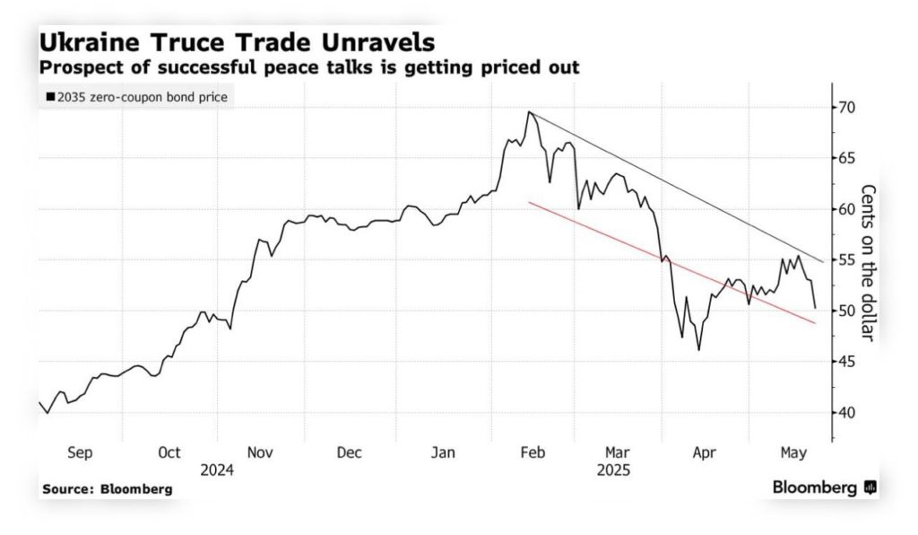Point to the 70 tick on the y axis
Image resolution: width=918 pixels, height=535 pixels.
846,108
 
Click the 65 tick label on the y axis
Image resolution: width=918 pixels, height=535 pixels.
846,158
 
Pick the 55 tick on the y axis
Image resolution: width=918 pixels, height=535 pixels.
846,260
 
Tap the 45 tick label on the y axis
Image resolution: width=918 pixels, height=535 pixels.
846,362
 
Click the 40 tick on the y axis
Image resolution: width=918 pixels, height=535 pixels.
846,413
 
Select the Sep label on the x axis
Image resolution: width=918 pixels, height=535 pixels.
80,452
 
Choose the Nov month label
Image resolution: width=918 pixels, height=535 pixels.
260,452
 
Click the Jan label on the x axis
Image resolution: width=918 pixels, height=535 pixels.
444,452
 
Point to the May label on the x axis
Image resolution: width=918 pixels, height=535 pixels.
791,452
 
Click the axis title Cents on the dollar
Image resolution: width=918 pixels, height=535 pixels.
867,263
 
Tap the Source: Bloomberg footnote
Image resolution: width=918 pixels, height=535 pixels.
107,489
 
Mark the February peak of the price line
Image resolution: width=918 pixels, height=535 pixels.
530,112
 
